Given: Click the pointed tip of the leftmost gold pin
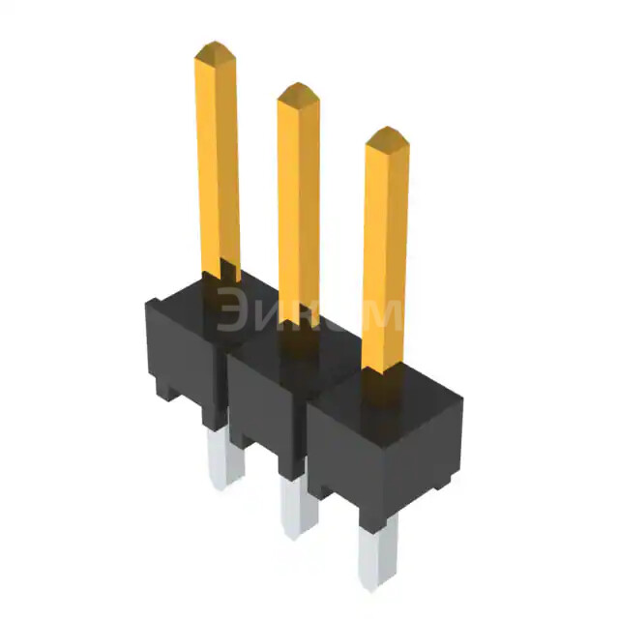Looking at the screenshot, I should (215, 48).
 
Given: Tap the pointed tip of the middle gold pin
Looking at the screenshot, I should (298, 92).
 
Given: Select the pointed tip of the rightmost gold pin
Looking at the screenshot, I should (385, 135).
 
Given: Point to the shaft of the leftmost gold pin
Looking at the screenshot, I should (218, 164).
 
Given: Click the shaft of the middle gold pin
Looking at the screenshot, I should (299, 203).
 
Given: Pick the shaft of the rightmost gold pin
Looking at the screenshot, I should (384, 251).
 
